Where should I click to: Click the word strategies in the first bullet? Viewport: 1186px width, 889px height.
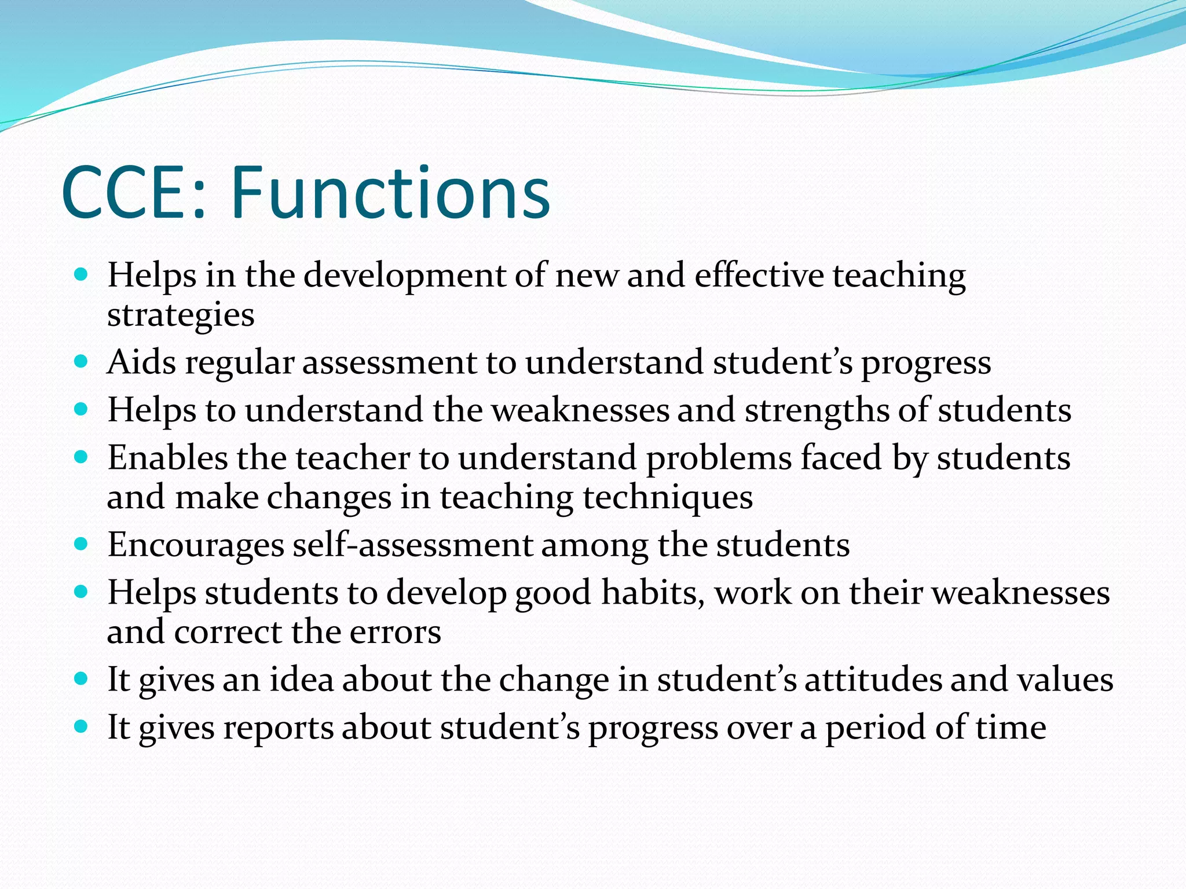pos(181,315)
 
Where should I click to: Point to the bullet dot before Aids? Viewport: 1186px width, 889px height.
pos(81,362)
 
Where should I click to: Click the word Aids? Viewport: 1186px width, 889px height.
pos(141,363)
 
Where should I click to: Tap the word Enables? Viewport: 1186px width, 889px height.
pos(167,458)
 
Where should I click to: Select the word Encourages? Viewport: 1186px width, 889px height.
pos(196,545)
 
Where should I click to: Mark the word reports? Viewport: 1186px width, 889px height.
pos(278,728)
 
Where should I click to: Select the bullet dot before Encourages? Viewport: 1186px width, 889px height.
pos(81,544)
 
